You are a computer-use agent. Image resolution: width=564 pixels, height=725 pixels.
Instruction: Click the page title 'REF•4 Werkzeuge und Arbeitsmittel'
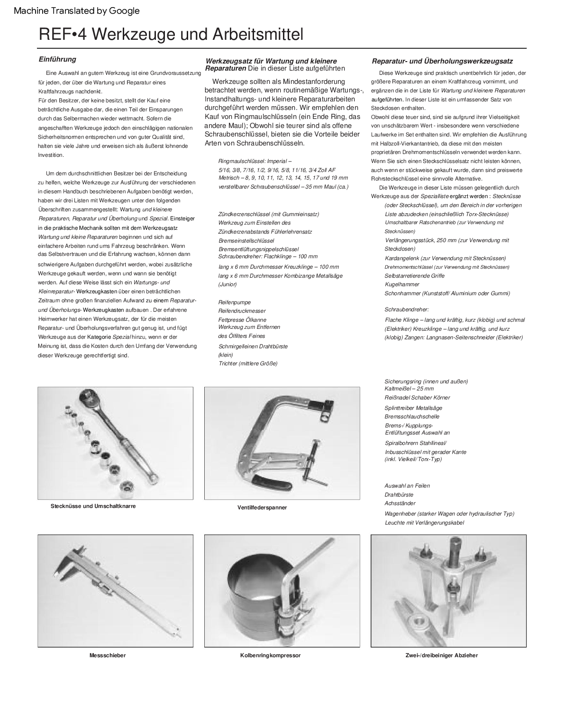(171, 35)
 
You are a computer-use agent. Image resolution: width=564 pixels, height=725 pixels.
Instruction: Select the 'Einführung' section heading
(57, 59)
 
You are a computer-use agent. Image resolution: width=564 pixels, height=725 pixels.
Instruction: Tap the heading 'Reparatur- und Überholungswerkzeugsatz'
(442, 61)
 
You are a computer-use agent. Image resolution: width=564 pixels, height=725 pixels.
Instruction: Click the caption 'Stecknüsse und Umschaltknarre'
(93, 506)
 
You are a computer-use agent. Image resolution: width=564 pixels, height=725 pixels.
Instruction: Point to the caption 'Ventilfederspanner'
(262, 507)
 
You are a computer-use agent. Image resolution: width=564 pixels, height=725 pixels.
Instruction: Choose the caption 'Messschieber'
(108, 655)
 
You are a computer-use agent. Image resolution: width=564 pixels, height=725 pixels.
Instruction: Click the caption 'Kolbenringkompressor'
(270, 655)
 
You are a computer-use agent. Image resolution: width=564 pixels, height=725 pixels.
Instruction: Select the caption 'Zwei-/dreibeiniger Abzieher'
(442, 655)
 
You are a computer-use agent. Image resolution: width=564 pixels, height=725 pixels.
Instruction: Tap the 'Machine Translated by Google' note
(77, 11)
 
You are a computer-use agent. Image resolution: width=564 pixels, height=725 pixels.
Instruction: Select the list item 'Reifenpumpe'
(235, 302)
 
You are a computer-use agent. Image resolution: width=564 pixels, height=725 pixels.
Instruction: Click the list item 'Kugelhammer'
(402, 284)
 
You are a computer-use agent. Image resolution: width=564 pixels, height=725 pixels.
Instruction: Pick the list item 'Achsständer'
(400, 503)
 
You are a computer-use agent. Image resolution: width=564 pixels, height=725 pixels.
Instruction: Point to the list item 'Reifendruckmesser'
(242, 311)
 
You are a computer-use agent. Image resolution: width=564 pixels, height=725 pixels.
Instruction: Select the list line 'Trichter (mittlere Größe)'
(248, 363)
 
